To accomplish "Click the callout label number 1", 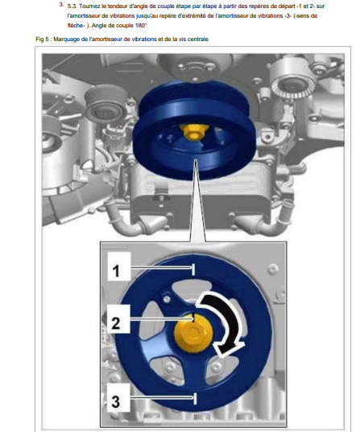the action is tap(116, 271).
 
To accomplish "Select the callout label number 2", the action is tap(116, 322).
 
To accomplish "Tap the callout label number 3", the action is tap(116, 401).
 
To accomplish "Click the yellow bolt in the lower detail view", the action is tap(193, 334).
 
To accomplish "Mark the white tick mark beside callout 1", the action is tap(193, 269).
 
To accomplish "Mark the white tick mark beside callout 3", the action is tap(195, 399).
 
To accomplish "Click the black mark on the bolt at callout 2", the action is tap(193, 318).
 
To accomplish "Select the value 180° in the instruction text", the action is tap(141, 26).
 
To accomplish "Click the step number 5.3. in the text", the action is tap(72, 6).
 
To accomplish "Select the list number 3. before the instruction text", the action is tap(61, 5).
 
